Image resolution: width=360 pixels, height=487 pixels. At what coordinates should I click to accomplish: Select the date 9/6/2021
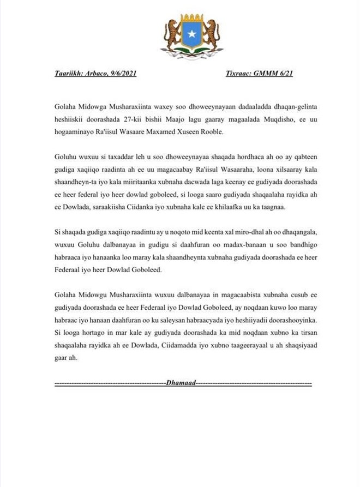click(119, 74)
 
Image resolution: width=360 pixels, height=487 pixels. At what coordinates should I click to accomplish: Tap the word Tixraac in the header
click(238, 74)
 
